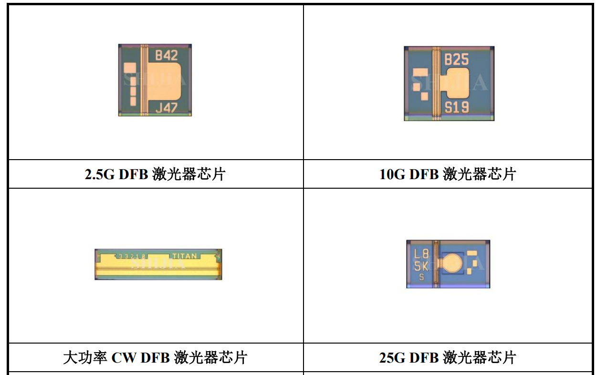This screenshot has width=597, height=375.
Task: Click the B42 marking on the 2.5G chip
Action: pyautogui.click(x=167, y=56)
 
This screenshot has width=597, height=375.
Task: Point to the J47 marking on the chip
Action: pyautogui.click(x=167, y=108)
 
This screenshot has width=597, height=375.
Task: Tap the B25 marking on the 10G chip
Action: pyautogui.click(x=456, y=60)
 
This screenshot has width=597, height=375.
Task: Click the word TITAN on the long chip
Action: pyautogui.click(x=184, y=256)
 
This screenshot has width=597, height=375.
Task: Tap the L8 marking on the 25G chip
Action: pyautogui.click(x=421, y=254)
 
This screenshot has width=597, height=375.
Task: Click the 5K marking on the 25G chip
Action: pyautogui.click(x=421, y=266)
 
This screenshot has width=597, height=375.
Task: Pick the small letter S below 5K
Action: pyautogui.click(x=421, y=277)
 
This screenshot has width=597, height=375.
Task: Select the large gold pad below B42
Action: pyautogui.click(x=164, y=83)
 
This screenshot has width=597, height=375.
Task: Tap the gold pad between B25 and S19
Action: pyautogui.click(x=456, y=83)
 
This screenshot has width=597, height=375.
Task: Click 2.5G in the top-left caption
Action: pyautogui.click(x=100, y=174)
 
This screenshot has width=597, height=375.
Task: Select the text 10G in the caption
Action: pyautogui.click(x=391, y=174)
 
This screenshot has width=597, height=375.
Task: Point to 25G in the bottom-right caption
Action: pyautogui.click(x=391, y=357)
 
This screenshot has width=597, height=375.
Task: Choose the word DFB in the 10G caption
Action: pyautogui.click(x=424, y=174)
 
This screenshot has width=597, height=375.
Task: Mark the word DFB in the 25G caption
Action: pyautogui.click(x=424, y=357)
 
